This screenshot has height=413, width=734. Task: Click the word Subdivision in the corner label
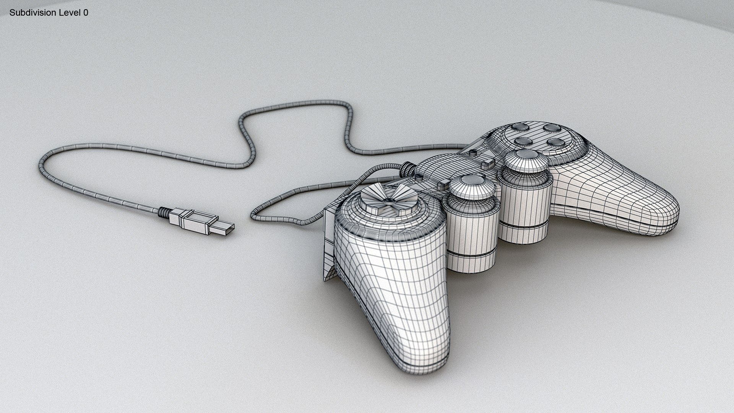tap(33, 13)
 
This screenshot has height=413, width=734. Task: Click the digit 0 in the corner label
tap(86, 13)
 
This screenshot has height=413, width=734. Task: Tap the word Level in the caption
tap(70, 13)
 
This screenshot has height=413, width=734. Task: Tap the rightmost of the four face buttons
tap(555, 143)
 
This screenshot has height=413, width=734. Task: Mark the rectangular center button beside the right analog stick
tap(486, 165)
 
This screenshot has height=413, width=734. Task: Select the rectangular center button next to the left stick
tap(442, 186)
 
